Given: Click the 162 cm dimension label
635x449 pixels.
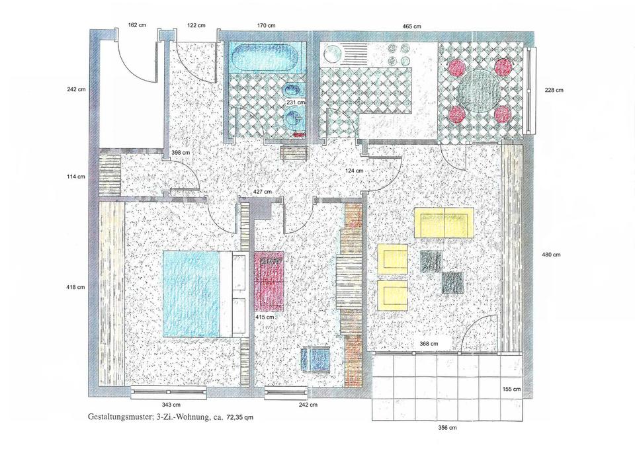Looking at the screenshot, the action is (x=137, y=25).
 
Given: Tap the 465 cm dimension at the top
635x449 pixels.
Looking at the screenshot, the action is (x=411, y=26).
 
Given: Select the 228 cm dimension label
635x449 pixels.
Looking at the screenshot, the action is (x=554, y=91).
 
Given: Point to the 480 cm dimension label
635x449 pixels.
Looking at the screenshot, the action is (x=551, y=255).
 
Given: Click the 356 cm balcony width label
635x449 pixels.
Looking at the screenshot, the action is (x=447, y=428).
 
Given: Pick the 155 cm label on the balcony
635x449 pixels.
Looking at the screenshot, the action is (x=511, y=389).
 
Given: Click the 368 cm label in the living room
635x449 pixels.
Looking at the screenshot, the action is (x=429, y=344).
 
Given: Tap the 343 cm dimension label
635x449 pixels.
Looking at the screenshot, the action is (x=171, y=405).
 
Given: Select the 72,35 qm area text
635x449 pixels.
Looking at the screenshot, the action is (x=239, y=417).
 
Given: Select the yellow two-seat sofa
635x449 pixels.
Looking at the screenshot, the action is (x=444, y=223).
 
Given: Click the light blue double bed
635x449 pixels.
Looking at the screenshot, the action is (x=192, y=294).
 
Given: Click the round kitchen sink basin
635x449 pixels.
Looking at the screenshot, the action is (x=331, y=54).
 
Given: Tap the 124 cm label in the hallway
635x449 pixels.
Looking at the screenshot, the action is (x=354, y=171).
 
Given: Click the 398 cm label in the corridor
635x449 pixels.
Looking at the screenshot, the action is (x=181, y=153).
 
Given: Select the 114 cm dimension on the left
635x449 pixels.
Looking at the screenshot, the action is (x=75, y=177).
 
